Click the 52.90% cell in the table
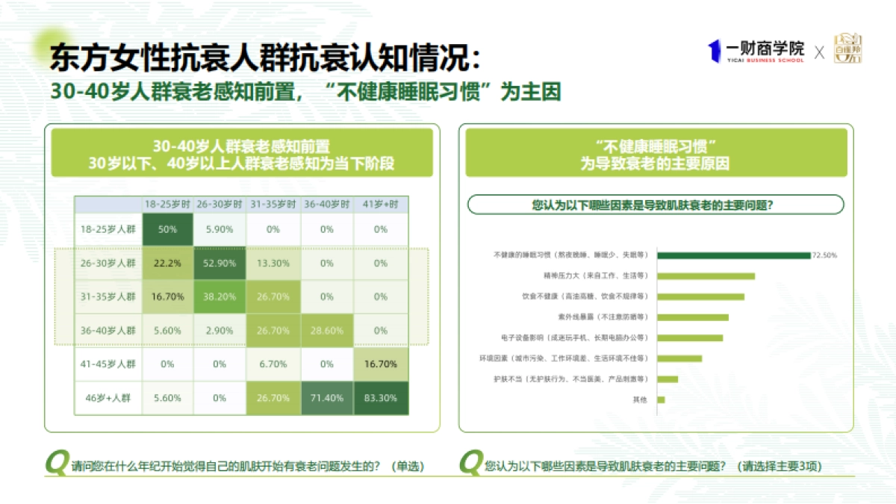pos(220,263)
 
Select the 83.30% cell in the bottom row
pos(381,398)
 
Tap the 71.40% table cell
pos(327,398)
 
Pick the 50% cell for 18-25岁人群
pos(167,229)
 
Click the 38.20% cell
pos(220,296)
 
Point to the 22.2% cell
pos(167,263)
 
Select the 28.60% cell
pos(327,330)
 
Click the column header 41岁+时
pos(381,205)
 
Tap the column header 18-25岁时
pos(167,205)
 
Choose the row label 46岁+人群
pos(108,398)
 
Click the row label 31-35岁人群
pos(108,296)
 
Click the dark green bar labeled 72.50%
pos(734,255)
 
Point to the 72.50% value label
pos(825,255)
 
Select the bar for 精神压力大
pos(706,276)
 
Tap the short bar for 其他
pos(661,399)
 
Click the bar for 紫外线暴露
pos(693,317)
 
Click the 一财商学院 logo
pos(756,51)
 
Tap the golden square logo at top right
pos(847,49)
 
